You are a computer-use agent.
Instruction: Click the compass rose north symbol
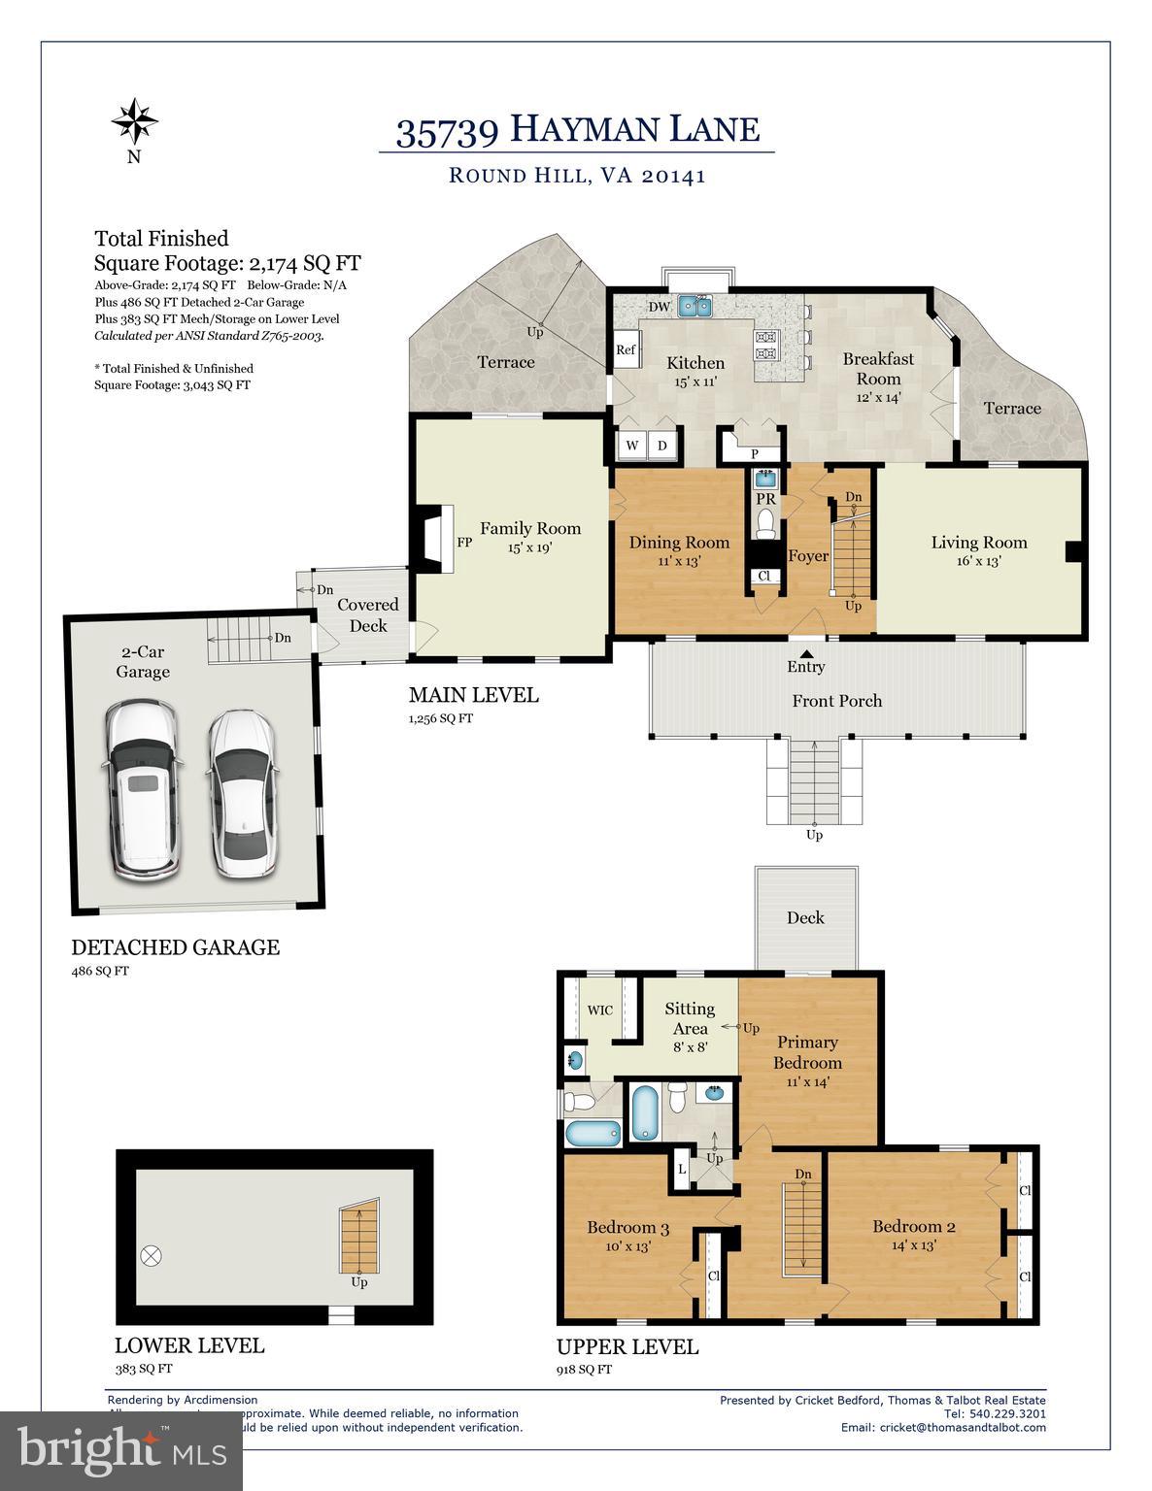pos(134,122)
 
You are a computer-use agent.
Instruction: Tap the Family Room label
pos(529,529)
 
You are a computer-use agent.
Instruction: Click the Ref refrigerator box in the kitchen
pos(626,350)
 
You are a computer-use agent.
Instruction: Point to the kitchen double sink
pos(695,307)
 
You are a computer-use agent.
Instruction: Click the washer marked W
pos(632,446)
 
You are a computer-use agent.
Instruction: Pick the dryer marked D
pos(662,446)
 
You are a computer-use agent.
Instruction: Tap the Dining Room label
pos(679,543)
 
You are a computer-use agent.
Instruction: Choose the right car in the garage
pos(242,793)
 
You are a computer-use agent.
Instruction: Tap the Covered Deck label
pos(367,615)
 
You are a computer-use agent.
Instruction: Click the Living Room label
pos(978,543)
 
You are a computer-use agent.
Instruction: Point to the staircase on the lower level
pos(358,1239)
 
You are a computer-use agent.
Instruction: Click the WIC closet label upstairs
pos(600,1010)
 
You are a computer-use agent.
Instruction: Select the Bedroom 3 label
pos(627,1227)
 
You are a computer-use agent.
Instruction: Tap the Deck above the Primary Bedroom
pos(805,917)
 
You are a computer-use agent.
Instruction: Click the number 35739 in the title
pos(448,131)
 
